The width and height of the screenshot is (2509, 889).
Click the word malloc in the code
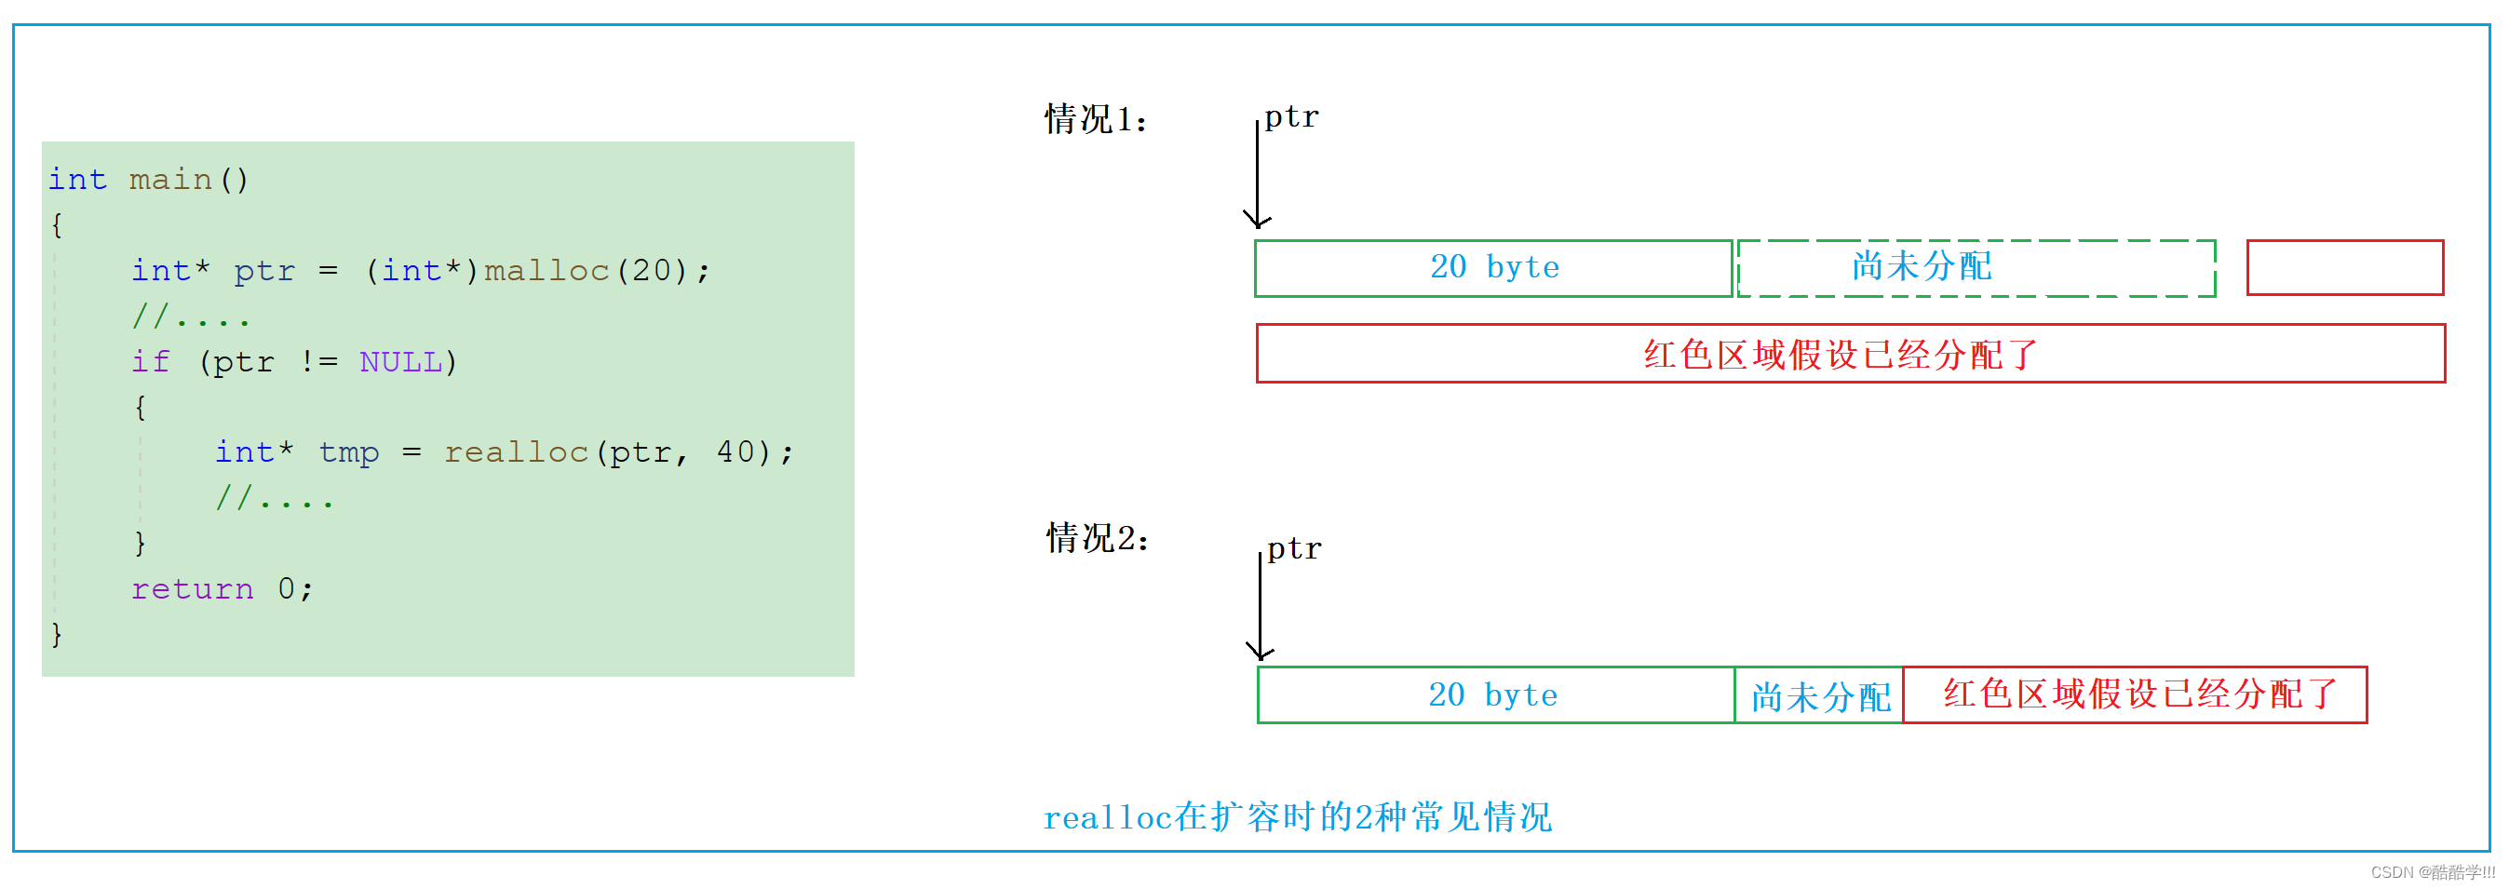(546, 270)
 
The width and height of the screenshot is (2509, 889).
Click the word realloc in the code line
(516, 451)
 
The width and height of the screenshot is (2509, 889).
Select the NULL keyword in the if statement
(400, 361)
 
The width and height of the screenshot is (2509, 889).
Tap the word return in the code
(192, 588)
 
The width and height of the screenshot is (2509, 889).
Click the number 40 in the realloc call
(735, 451)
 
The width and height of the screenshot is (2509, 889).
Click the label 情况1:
(1096, 119)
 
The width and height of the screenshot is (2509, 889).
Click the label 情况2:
(1098, 537)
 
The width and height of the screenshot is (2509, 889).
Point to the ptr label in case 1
(1290, 117)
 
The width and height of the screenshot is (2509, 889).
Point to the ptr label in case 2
(1293, 548)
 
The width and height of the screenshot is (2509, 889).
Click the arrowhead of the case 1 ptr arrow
(1258, 220)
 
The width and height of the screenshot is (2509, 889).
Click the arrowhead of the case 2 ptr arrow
(1261, 652)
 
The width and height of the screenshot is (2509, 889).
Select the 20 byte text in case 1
(1494, 267)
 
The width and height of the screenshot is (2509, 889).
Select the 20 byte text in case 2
(1492, 695)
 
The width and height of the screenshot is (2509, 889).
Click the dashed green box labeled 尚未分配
(1976, 267)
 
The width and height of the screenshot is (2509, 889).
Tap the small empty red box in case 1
(2344, 267)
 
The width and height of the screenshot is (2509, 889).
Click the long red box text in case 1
(1840, 355)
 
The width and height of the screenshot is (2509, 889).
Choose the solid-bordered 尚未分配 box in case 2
(1818, 696)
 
